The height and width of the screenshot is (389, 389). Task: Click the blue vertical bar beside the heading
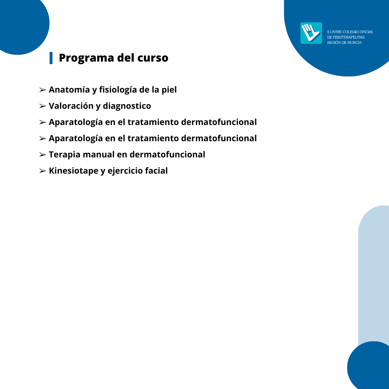point(51,58)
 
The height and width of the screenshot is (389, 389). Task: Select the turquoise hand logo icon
point(311,33)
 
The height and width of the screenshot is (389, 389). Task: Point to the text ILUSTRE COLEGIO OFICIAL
point(350,32)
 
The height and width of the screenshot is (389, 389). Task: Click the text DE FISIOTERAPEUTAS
point(345,37)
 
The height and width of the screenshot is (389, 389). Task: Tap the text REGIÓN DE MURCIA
point(344,43)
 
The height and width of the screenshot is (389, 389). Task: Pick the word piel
point(169,90)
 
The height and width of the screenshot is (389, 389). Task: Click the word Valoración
point(71,106)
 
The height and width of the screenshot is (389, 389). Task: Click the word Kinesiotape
point(73,171)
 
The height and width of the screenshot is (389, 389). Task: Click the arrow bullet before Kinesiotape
point(43,171)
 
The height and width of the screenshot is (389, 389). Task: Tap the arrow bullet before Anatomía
point(43,90)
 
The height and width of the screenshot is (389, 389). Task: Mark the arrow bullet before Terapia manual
point(43,155)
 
